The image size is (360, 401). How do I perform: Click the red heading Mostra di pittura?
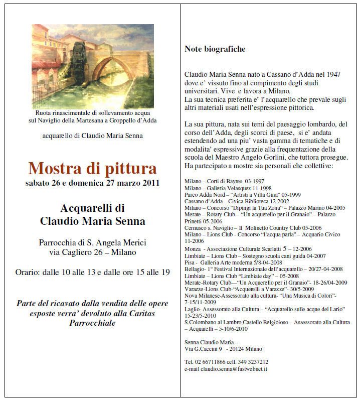pyautogui.click(x=92, y=168)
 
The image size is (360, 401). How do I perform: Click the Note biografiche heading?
pyautogui.click(x=215, y=49)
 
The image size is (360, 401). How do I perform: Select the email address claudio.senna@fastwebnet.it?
pyautogui.click(x=234, y=369)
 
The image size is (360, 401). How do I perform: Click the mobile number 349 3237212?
pyautogui.click(x=256, y=361)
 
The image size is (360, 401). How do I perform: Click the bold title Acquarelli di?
pyautogui.click(x=92, y=208)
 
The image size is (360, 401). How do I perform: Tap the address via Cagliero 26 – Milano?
pyautogui.click(x=93, y=252)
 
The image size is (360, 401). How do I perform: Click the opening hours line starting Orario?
pyautogui.click(x=92, y=273)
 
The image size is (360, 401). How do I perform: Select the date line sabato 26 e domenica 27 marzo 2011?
pyautogui.click(x=92, y=183)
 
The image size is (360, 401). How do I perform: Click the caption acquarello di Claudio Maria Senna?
pyautogui.click(x=92, y=136)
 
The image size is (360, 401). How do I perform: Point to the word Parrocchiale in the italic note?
pyautogui.click(x=92, y=323)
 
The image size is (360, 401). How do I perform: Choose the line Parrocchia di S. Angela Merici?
pyautogui.click(x=92, y=243)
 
